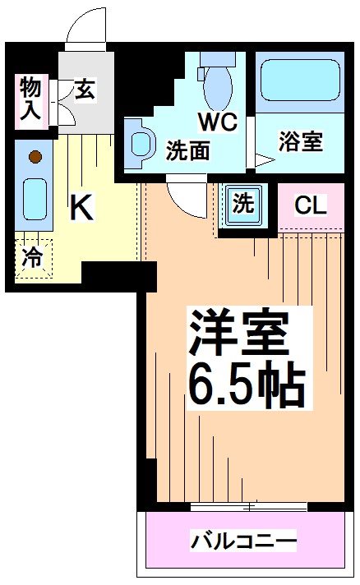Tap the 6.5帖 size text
click(247, 385)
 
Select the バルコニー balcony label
click(244, 541)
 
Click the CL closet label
click(311, 205)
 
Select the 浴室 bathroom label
click(299, 141)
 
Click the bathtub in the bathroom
click(298, 85)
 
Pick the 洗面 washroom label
click(188, 150)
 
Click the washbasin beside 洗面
click(141, 142)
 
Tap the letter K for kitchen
click(80, 207)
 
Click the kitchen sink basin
click(35, 196)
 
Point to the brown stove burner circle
click(35, 155)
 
